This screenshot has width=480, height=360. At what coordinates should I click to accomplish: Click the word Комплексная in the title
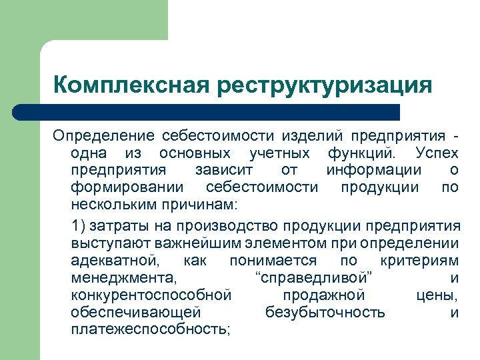tap(130, 85)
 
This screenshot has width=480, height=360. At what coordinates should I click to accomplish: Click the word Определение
tap(103, 137)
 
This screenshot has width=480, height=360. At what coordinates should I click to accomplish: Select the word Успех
tap(436, 153)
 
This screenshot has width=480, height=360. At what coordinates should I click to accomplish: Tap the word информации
tap(373, 170)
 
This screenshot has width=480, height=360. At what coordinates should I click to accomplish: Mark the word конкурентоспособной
tap(151, 294)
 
